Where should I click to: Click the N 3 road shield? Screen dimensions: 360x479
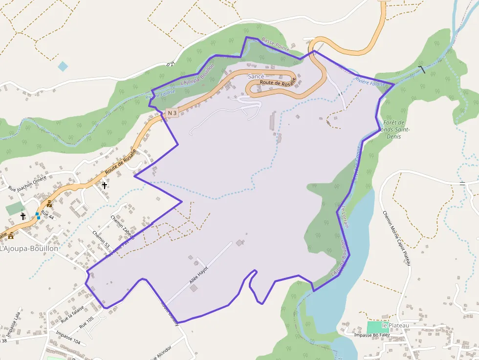172,113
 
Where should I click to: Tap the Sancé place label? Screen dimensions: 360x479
256,77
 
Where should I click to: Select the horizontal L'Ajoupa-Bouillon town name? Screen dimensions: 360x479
29,248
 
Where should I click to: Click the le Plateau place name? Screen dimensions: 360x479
395,325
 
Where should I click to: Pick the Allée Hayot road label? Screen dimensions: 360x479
199,275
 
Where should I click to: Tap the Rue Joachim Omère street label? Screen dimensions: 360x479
27,183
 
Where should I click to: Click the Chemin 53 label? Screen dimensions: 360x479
101,238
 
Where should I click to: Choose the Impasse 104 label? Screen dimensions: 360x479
68,338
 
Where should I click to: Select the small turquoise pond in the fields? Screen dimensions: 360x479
63,66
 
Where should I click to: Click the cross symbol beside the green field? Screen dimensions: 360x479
22,216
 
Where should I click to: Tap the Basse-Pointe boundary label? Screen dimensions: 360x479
276,44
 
